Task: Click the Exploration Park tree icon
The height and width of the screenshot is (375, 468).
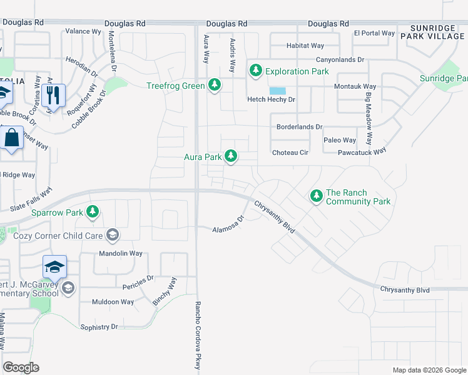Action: point(255,71)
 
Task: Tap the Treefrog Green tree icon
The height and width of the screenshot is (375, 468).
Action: point(215,85)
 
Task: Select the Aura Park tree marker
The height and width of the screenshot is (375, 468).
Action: point(231,156)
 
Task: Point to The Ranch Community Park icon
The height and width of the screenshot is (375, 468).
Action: point(316,197)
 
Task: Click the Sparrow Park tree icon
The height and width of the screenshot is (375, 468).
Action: point(93,212)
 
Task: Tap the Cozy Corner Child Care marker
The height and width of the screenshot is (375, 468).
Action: point(112,235)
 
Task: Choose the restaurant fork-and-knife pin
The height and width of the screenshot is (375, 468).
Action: point(55,96)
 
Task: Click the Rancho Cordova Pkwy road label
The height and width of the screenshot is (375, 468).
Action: point(198,335)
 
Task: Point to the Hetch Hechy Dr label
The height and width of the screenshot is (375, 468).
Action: point(271,99)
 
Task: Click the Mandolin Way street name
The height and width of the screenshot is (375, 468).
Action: point(121,254)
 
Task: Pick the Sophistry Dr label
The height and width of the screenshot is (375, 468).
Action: point(96,327)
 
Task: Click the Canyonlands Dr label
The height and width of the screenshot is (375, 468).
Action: point(340,59)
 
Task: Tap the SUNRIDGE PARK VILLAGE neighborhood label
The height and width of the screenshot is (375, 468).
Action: point(438,32)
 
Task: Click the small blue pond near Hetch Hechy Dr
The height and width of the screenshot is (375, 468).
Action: point(277,91)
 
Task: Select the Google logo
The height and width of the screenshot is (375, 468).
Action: point(21,367)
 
